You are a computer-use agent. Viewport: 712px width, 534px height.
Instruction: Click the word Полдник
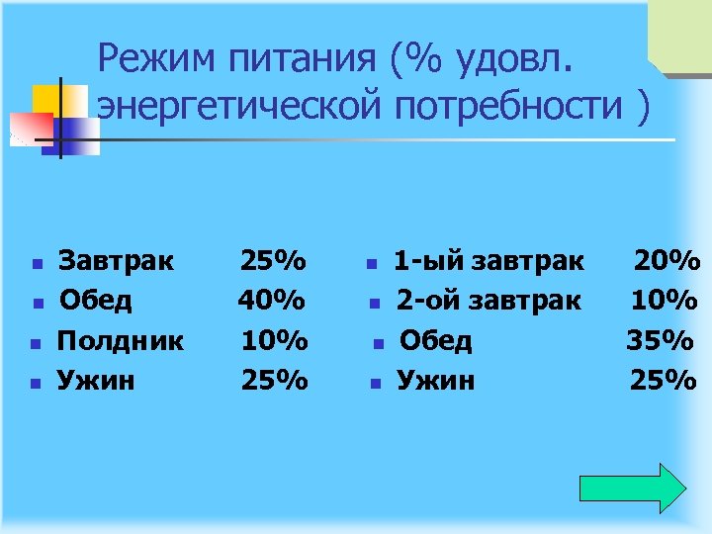(121, 341)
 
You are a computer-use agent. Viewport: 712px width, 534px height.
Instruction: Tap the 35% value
(660, 341)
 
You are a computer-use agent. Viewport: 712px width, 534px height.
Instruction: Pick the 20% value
(667, 262)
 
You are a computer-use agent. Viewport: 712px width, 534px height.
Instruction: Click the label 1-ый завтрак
(489, 262)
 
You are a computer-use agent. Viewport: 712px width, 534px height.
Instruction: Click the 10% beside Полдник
(274, 341)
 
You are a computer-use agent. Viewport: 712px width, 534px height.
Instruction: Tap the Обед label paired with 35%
(435, 341)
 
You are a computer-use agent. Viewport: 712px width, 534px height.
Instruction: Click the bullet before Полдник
(35, 344)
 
